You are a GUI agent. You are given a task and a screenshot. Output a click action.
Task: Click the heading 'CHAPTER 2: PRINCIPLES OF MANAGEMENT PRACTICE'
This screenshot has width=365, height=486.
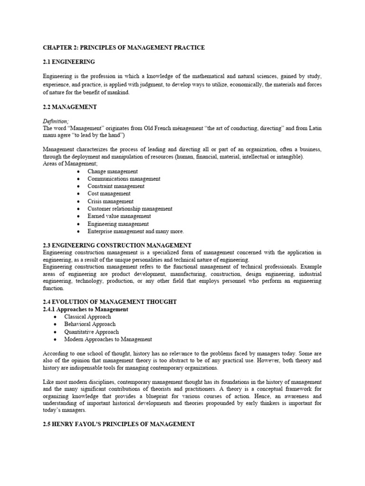pos(124,47)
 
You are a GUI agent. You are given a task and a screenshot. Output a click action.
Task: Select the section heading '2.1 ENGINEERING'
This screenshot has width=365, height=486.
pos(69,62)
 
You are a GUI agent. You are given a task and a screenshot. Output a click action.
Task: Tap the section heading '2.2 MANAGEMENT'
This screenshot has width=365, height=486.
pos(70,107)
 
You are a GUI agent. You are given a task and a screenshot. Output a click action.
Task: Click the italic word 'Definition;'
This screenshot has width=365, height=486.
pos(56,121)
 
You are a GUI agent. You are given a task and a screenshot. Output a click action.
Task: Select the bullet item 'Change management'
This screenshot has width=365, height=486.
pos(113,171)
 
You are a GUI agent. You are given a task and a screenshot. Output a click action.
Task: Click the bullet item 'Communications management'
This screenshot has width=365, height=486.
pos(124,179)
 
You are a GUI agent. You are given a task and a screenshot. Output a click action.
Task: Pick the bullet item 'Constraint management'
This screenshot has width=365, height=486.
pos(116,187)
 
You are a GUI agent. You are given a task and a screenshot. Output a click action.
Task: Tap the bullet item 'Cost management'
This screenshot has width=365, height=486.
pos(109,194)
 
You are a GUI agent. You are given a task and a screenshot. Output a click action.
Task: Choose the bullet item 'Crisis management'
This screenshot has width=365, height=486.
pos(110,201)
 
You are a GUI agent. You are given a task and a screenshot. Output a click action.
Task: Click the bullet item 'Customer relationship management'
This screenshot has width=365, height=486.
pos(130,209)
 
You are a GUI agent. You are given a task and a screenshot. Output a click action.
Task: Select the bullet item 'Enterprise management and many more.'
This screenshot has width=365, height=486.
pos(135,231)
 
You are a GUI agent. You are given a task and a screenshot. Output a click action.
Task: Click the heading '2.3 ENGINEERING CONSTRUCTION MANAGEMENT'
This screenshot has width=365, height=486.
pos(117,245)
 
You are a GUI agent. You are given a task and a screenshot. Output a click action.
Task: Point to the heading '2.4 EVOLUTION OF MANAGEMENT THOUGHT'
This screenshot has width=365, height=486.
pos(110,302)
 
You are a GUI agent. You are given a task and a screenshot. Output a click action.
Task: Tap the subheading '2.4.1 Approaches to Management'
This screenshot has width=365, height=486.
pos(86,309)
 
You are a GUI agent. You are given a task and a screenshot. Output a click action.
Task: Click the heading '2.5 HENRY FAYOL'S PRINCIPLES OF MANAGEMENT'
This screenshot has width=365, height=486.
pos(119,424)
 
